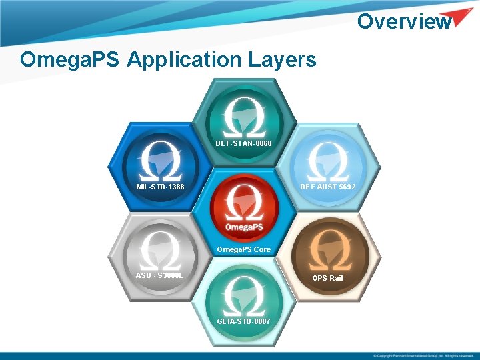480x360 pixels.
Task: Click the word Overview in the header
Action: [x=404, y=21]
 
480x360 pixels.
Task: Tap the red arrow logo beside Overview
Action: [x=461, y=18]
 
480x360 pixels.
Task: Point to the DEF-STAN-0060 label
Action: [x=243, y=143]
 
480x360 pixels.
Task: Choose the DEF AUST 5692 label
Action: [x=328, y=187]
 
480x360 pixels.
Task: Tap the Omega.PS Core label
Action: [x=243, y=249]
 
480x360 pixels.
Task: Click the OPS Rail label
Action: [x=328, y=278]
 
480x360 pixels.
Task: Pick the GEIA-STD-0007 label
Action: [x=243, y=321]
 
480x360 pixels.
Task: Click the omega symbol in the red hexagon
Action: [x=243, y=203]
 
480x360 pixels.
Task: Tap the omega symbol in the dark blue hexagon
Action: [x=161, y=160]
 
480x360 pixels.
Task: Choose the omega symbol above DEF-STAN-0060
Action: [x=243, y=117]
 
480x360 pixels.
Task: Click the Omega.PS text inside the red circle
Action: [x=243, y=227]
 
